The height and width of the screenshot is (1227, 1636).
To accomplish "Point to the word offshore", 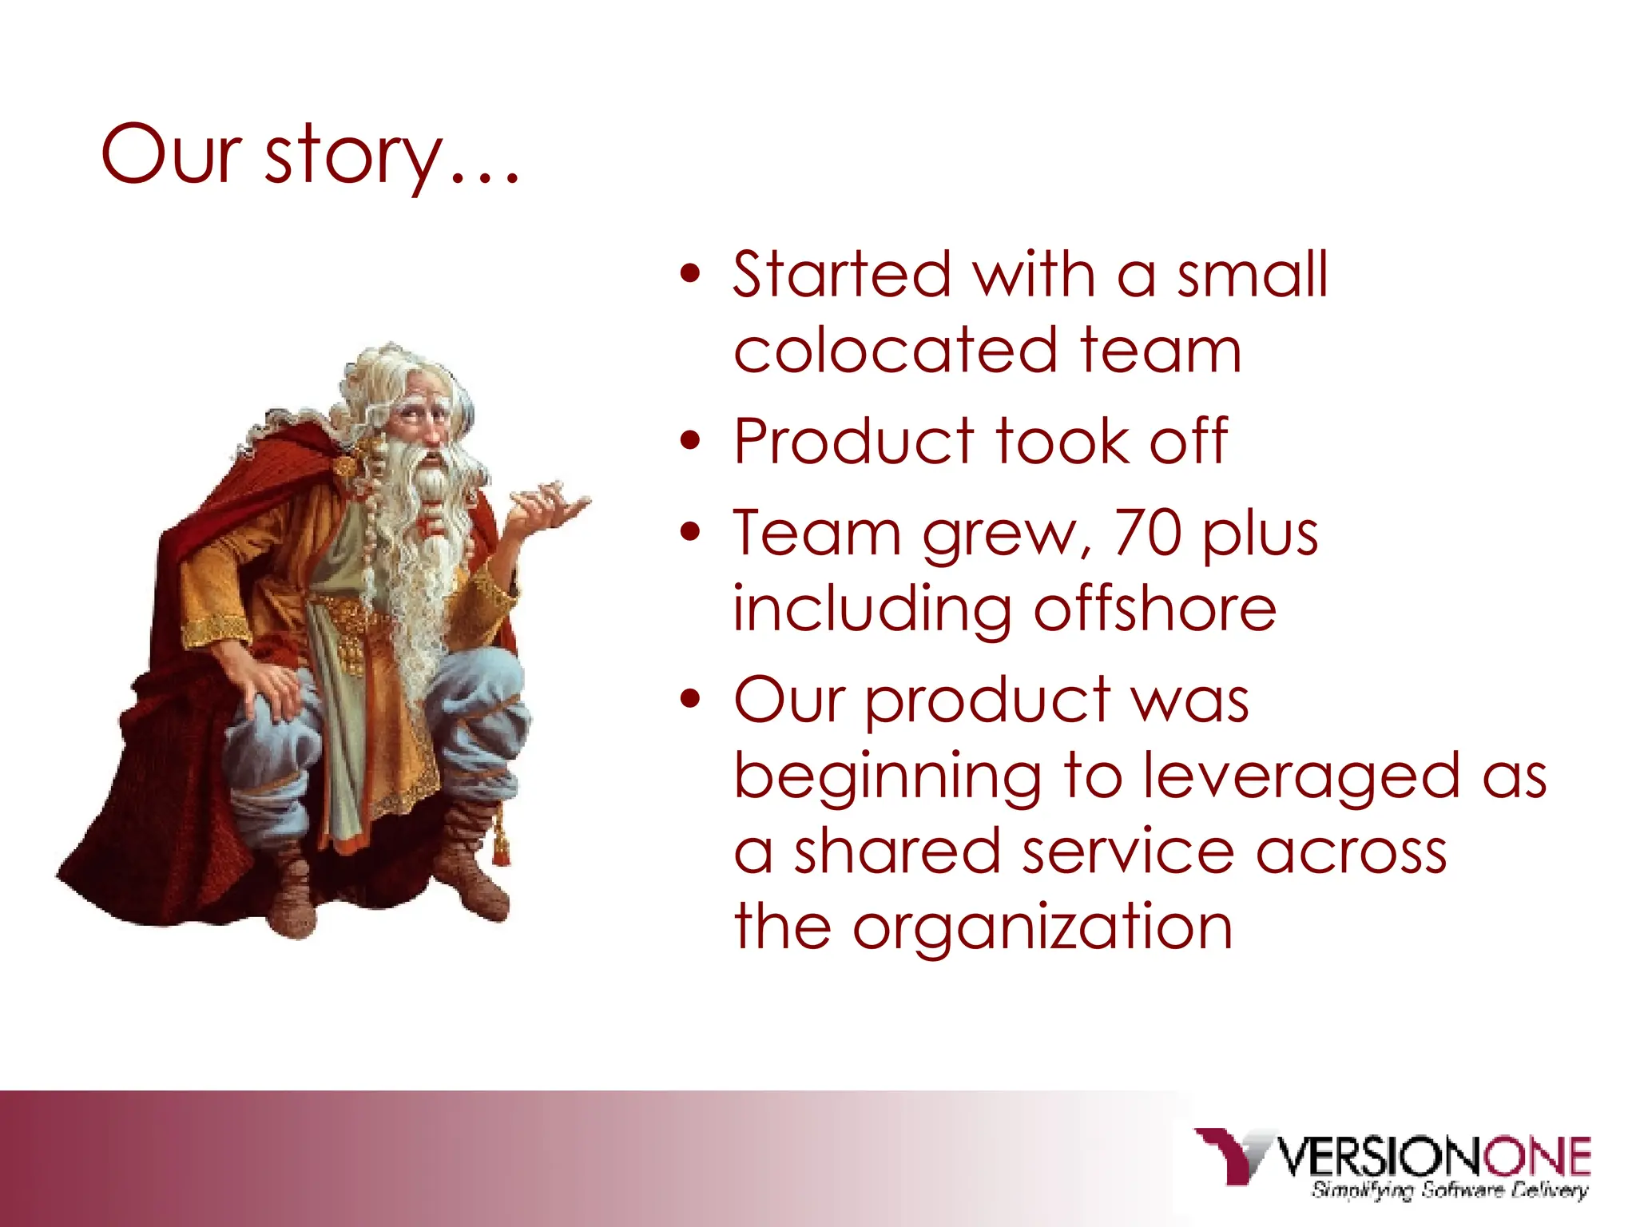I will [1154, 609].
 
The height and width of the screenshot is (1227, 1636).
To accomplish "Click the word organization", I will [1042, 927].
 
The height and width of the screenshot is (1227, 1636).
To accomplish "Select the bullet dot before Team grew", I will [690, 532].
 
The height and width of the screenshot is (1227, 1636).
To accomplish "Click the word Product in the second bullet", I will [854, 441].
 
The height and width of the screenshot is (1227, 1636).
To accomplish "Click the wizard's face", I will [423, 423].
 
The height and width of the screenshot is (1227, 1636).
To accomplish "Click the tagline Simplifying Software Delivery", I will [1448, 1190].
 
